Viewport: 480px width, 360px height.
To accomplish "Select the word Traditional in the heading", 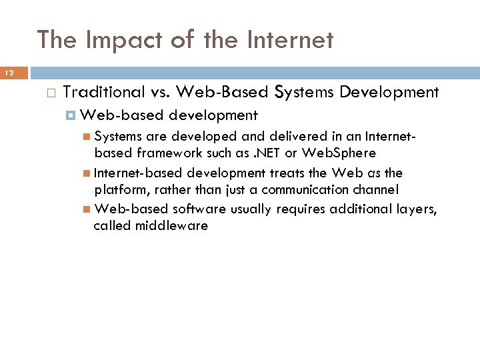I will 104,92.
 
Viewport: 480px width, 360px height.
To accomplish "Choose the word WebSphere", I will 339,153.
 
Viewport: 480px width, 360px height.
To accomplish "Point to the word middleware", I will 171,225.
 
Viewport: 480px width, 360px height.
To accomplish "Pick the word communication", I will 322,189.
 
